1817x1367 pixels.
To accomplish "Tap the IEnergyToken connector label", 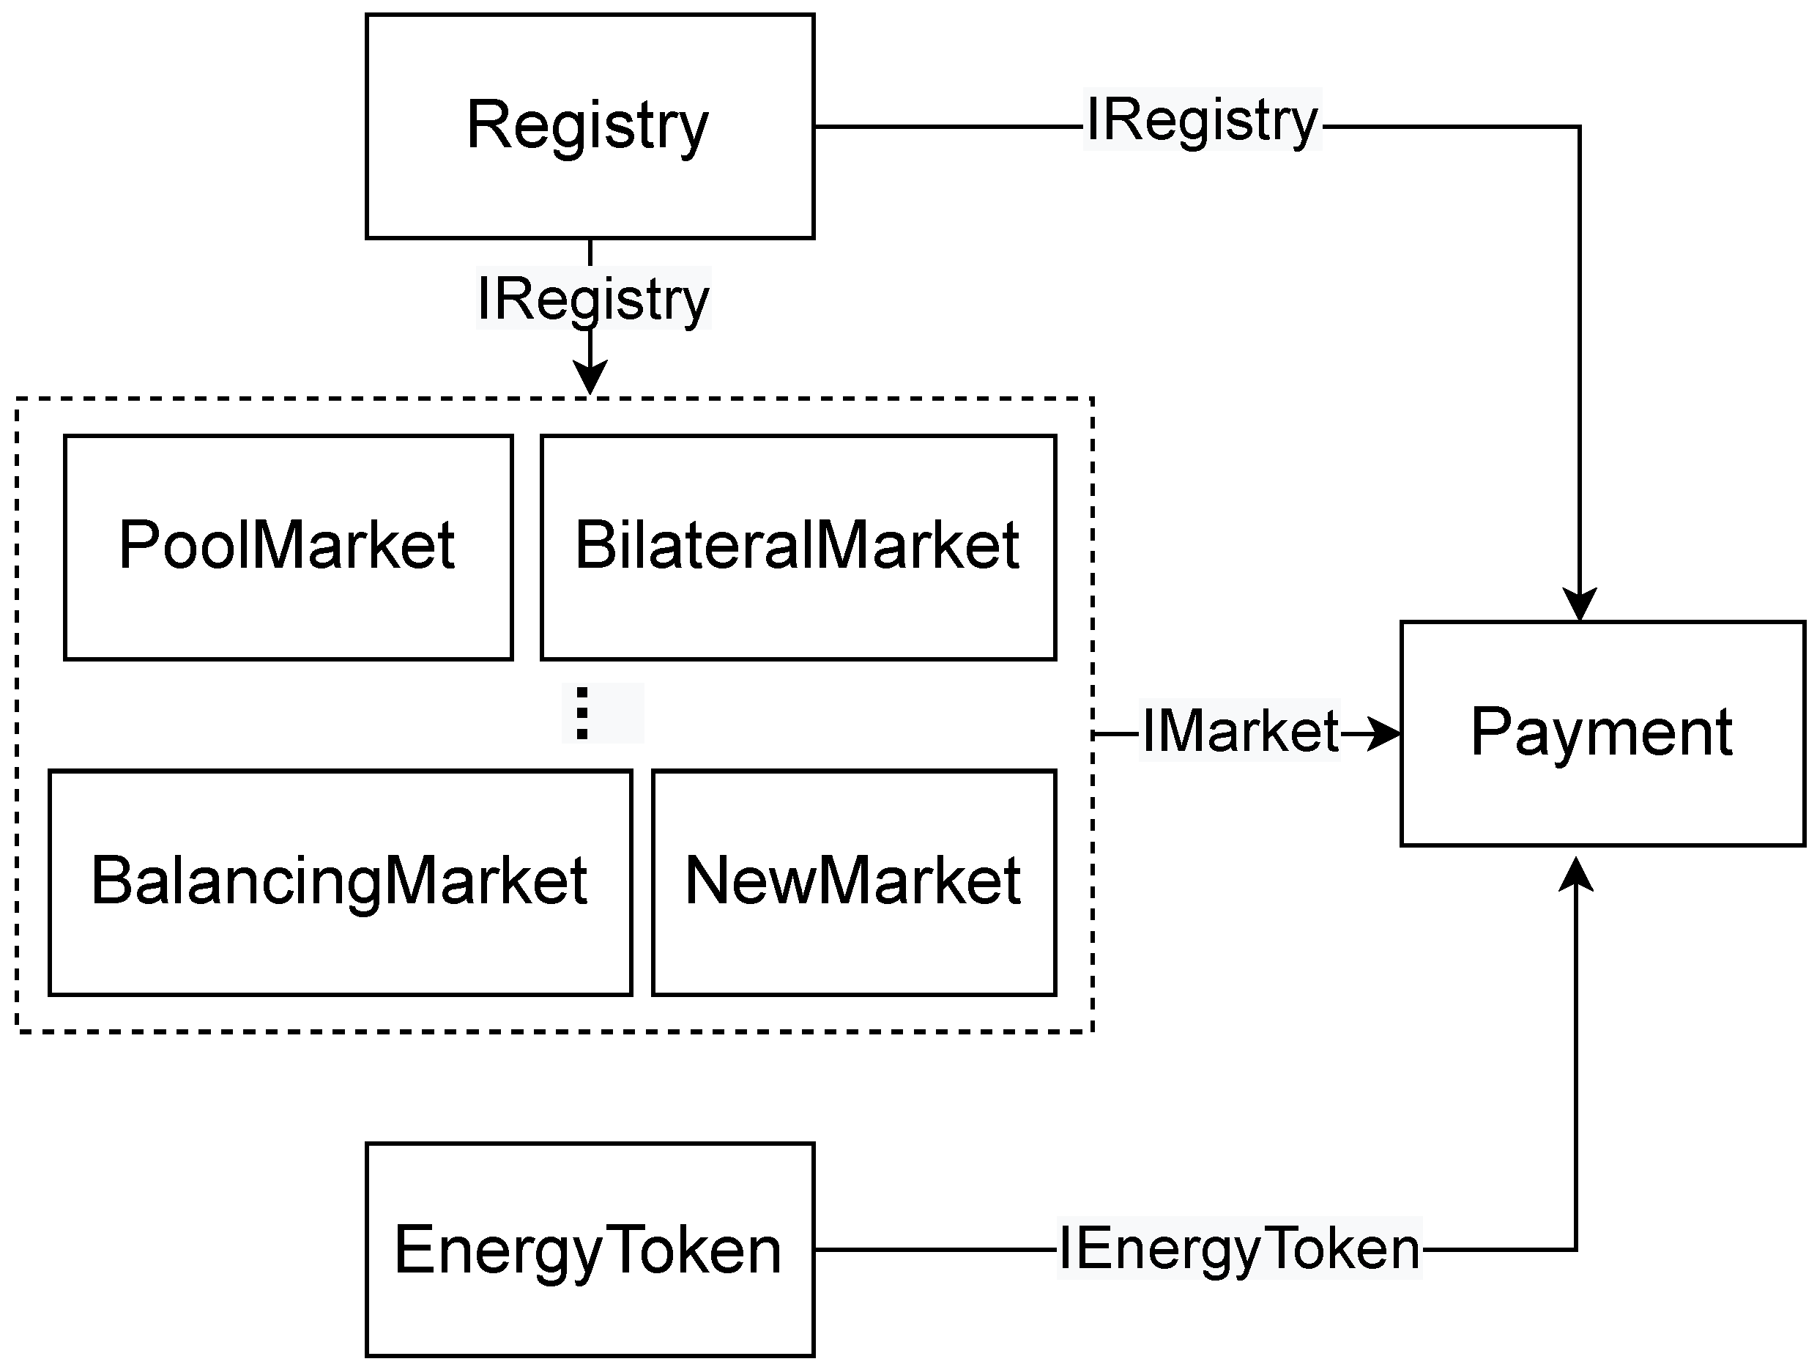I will (1238, 1249).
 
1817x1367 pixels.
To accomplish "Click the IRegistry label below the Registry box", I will (593, 298).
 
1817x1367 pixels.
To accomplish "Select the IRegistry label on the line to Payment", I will (1202, 120).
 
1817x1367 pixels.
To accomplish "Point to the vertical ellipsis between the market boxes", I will (582, 713).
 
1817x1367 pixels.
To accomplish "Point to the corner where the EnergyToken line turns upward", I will (1575, 1250).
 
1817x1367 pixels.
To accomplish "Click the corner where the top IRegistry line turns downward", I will (1579, 127).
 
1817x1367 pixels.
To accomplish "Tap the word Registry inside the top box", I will (587, 125).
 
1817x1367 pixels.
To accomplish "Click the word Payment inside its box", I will (1602, 732).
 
